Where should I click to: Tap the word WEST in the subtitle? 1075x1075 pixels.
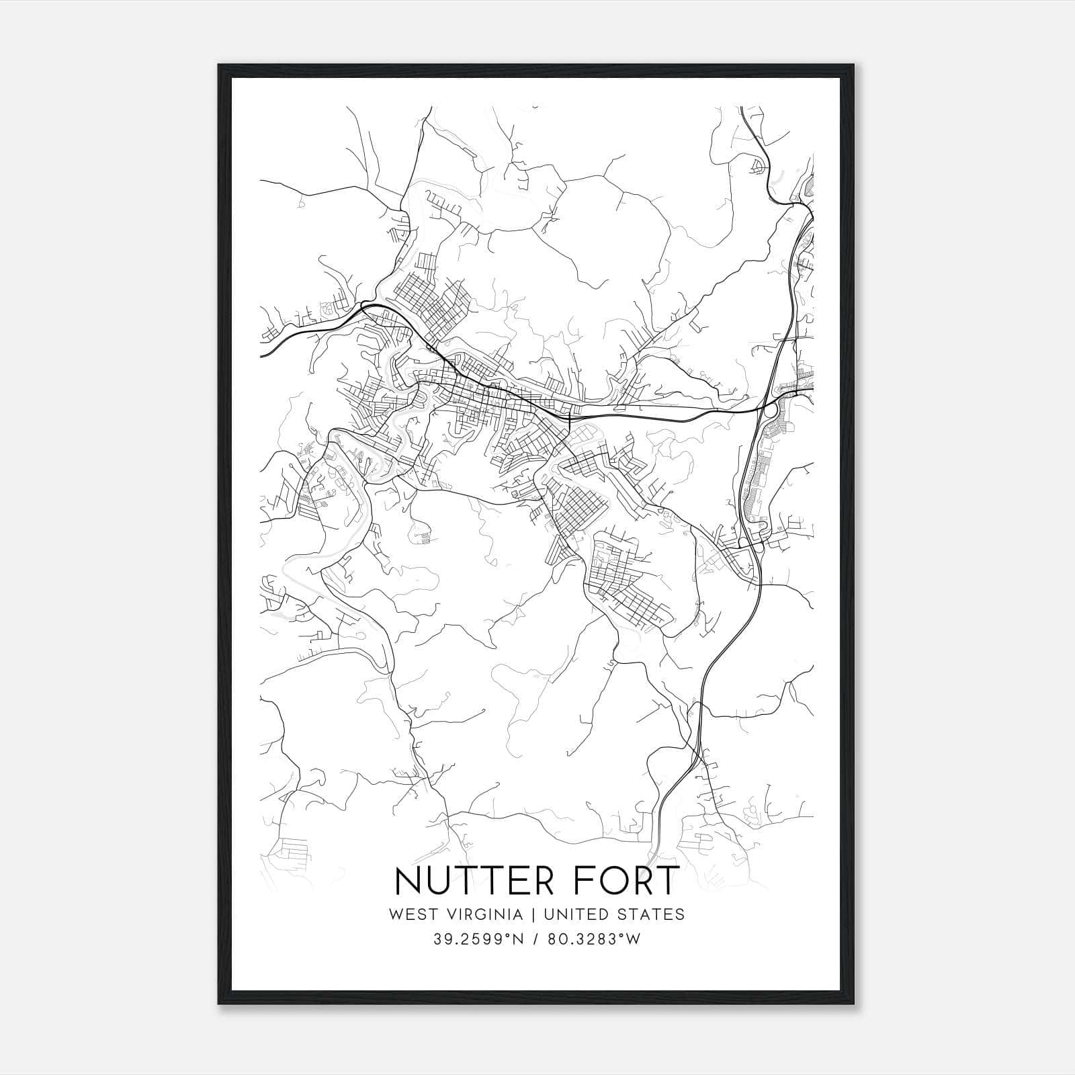pyautogui.click(x=411, y=914)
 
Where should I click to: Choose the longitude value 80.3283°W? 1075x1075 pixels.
pyautogui.click(x=594, y=939)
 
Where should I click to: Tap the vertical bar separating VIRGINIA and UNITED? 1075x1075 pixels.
pyautogui.click(x=533, y=914)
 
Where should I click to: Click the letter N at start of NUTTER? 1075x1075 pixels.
pyautogui.click(x=409, y=881)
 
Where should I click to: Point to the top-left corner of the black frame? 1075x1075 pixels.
pyautogui.click(x=219, y=65)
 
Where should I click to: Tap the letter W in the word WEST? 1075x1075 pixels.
pyautogui.click(x=396, y=914)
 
